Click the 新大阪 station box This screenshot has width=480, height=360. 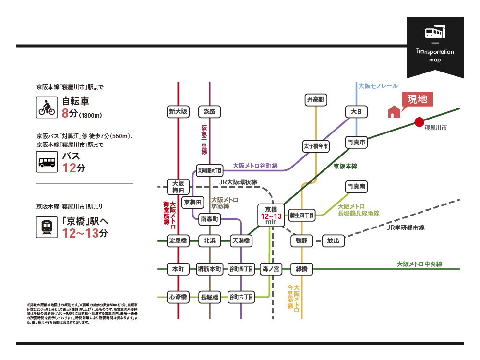tap(178, 112)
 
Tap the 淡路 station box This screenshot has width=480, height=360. tap(210, 112)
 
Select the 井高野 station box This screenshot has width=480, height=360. tap(315, 100)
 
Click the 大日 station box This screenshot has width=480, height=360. tap(356, 112)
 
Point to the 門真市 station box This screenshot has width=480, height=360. tap(356, 143)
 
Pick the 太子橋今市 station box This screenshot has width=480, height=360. tap(316, 146)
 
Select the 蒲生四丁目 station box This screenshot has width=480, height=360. tap(302, 216)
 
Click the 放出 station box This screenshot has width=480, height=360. tap(333, 240)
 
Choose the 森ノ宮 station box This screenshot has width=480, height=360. tap(271, 269)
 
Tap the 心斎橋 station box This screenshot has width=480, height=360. tap(178, 297)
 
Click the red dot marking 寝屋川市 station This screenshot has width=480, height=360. tap(419, 122)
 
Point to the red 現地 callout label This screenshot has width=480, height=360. tap(417, 100)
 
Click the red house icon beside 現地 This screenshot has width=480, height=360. tap(394, 111)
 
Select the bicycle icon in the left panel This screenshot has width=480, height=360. tap(47, 108)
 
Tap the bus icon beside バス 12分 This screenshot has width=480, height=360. tap(47, 162)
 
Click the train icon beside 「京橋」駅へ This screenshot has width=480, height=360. tap(47, 226)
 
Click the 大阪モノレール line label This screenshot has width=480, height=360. tap(378, 86)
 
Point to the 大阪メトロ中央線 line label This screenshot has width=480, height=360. tap(419, 264)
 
